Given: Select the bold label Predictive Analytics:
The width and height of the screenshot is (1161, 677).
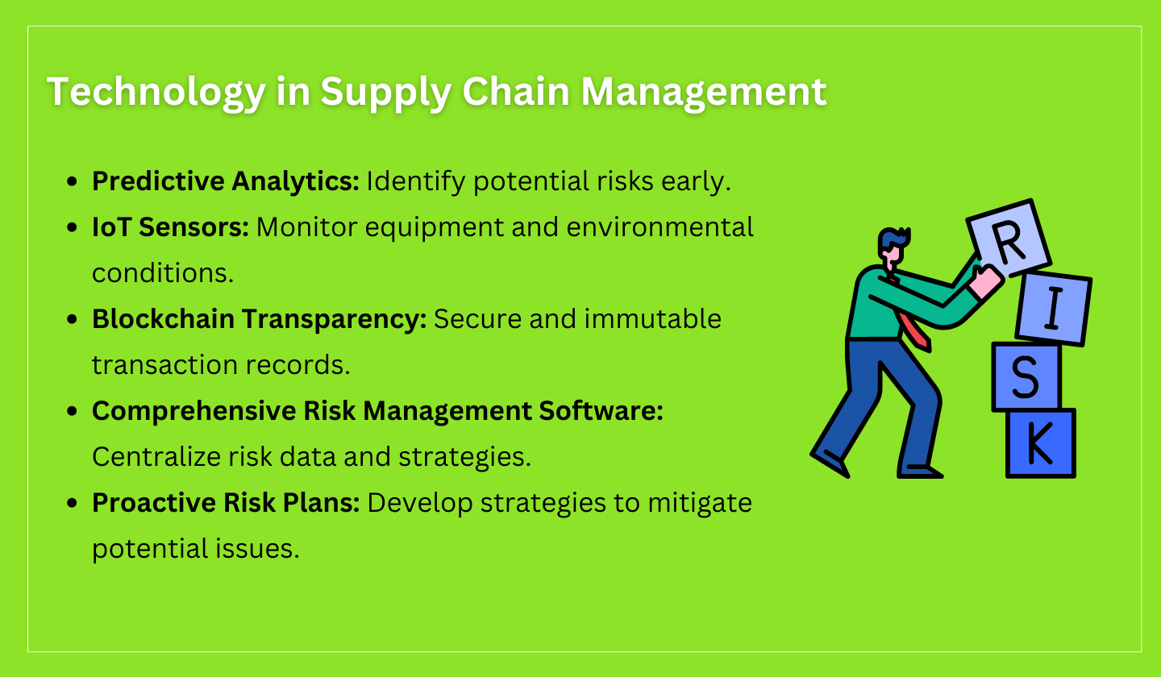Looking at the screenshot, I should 226,181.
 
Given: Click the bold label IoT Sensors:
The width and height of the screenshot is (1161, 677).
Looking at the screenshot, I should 170,227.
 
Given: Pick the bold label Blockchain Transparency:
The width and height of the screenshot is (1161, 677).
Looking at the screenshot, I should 259,319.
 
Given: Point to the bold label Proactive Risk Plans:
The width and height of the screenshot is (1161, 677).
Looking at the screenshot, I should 226,503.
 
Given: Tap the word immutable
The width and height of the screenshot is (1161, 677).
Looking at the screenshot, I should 652,319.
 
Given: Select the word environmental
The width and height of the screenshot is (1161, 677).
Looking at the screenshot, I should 660,227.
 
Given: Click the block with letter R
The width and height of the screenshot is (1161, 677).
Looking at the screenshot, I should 1009,239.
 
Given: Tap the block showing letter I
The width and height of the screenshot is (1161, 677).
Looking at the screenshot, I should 1052,309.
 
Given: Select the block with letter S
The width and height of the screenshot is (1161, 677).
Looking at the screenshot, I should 1025,376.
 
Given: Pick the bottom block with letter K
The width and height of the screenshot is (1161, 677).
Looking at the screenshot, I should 1040,442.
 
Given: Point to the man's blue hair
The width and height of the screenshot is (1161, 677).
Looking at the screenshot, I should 893,239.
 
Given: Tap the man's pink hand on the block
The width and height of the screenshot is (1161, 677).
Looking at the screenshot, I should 985,282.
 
